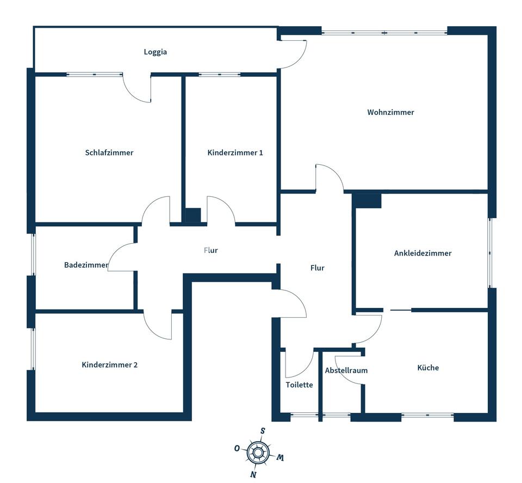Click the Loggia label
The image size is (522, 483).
pos(155,52)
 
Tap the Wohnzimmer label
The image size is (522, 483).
pos(390,112)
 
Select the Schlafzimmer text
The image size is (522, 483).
pos(109,152)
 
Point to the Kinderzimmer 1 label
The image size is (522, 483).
pos(235,152)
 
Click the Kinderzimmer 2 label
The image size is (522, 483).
pos(109,365)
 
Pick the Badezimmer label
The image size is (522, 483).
pos(86,265)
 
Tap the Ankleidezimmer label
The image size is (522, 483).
pos(423,253)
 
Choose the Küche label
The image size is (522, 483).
pos(428,367)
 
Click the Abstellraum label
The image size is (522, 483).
pos(346,370)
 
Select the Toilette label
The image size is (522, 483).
pos(299,385)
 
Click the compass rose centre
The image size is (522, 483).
pos(258,453)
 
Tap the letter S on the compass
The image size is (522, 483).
pos(263,431)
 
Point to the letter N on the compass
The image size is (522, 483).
pos(253,474)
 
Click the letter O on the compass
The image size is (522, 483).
pos(237,448)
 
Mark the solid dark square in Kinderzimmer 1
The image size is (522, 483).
pos(193,215)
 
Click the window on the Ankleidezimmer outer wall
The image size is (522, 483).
pos(489,253)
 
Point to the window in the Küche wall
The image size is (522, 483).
pos(427,416)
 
